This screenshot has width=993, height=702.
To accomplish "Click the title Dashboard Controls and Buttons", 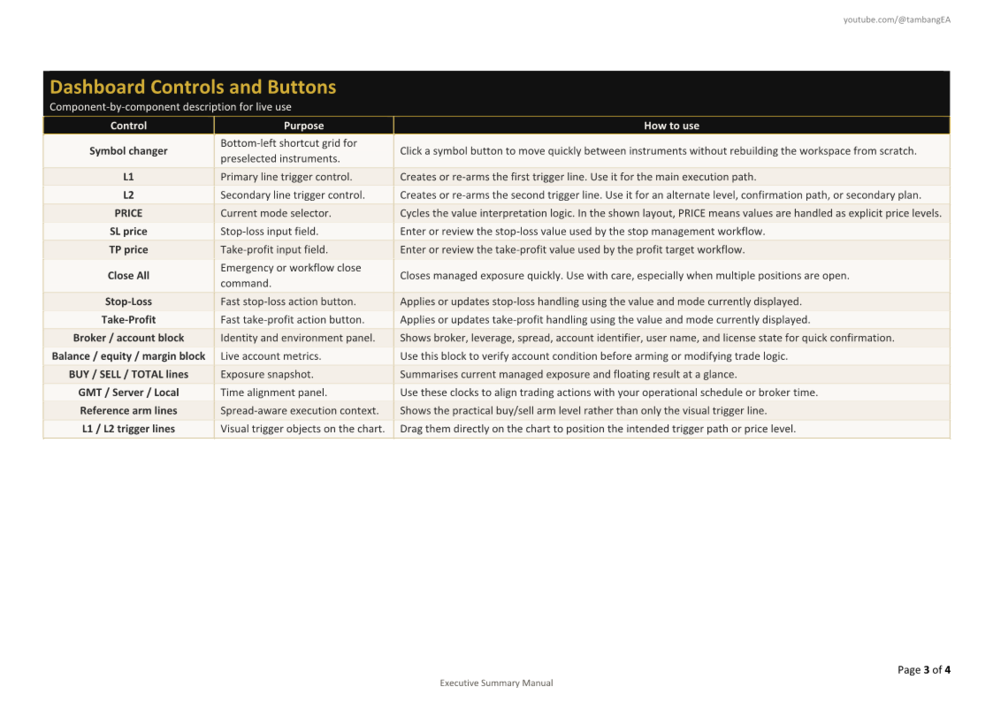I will click(x=193, y=87).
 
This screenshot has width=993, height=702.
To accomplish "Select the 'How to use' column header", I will click(x=671, y=126).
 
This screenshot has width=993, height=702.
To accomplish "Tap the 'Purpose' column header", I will click(x=303, y=126).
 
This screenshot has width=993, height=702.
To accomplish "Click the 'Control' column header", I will click(x=128, y=126).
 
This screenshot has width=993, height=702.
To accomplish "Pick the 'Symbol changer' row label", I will click(x=128, y=151).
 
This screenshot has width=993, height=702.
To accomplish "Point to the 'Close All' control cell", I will click(x=128, y=276).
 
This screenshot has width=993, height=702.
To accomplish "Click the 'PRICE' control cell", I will click(x=128, y=213).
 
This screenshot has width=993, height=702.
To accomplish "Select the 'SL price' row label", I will click(x=128, y=232).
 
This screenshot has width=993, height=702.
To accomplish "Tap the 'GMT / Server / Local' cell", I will click(x=128, y=393).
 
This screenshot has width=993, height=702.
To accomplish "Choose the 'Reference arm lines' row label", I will click(x=128, y=410).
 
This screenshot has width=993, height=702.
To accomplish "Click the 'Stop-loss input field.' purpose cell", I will click(x=269, y=232).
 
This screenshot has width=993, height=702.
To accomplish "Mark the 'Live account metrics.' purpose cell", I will click(x=271, y=356).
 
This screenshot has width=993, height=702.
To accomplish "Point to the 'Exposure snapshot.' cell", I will click(x=266, y=374).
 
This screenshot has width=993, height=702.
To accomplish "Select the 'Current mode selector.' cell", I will click(x=276, y=213).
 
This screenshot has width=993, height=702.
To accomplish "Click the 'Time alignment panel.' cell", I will click(x=273, y=393).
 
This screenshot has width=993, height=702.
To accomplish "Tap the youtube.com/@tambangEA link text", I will click(x=897, y=19).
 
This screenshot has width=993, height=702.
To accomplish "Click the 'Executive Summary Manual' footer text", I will click(x=496, y=683).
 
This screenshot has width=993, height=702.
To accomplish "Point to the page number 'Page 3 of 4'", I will click(x=924, y=669).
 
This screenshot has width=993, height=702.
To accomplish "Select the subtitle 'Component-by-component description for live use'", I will click(x=171, y=107).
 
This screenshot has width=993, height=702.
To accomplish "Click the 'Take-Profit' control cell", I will click(x=128, y=320).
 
